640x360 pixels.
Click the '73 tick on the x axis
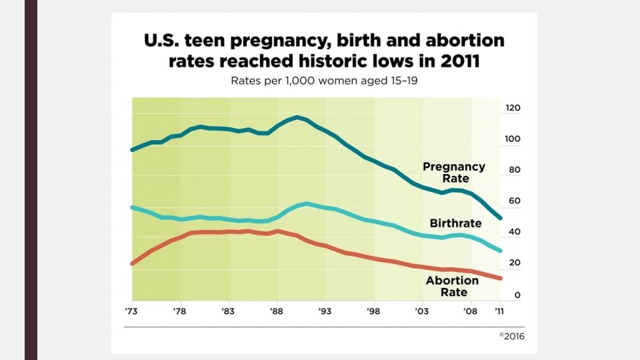132,311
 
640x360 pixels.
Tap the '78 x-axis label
179,311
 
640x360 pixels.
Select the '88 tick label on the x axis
277,311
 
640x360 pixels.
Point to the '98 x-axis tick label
374,311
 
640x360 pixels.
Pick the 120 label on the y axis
512,108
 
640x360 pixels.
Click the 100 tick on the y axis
512,139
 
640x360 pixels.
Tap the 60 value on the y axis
512,201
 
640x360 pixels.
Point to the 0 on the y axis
512,295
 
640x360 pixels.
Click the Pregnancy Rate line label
454,173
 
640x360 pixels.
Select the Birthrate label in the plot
456,223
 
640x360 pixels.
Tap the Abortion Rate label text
452,286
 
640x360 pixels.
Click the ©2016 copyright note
511,337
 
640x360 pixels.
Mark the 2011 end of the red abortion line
499,278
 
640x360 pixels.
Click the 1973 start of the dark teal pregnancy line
132,149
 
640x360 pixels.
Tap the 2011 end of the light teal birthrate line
499,251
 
